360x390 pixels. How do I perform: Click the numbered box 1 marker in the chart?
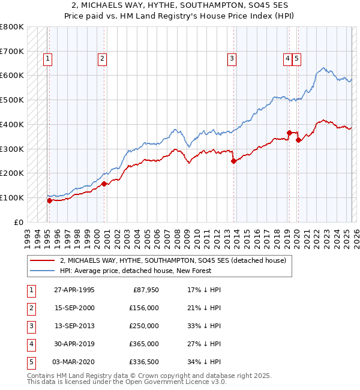click(47, 58)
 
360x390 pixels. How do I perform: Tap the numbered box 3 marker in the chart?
click(232, 58)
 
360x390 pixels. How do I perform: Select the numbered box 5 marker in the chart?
click(297, 58)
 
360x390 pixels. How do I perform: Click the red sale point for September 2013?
click(233, 160)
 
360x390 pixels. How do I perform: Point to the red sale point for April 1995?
click(49, 200)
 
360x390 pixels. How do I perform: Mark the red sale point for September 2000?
click(104, 184)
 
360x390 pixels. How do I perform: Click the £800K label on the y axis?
click(11, 27)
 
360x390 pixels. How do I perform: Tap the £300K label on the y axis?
click(11, 149)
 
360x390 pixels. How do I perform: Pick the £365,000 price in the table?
click(144, 344)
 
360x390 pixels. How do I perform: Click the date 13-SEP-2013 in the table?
click(74, 326)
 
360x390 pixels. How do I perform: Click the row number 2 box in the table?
click(31, 308)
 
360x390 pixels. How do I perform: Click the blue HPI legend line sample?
click(42, 271)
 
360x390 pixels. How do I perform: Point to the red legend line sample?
click(42, 260)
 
